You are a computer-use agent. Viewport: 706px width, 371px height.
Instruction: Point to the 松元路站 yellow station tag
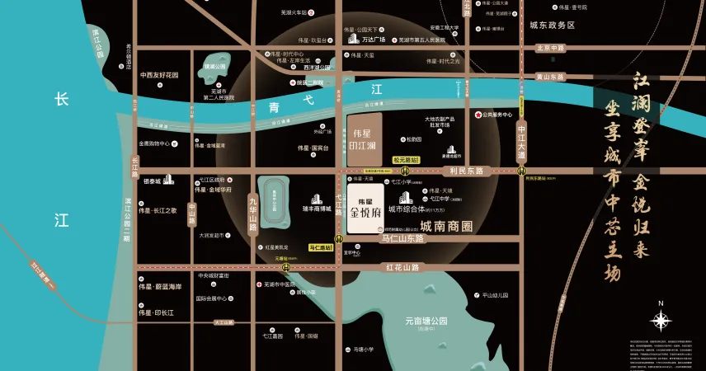(x=406, y=159)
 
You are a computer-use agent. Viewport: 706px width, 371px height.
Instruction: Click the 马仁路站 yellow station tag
(x=322, y=247)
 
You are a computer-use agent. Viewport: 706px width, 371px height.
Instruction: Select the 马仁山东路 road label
(x=402, y=238)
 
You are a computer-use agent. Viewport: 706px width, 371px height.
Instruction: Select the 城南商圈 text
(x=446, y=225)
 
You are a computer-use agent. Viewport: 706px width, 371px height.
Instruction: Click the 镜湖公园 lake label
(x=214, y=66)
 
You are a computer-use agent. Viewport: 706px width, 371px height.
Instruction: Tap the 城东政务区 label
(x=552, y=26)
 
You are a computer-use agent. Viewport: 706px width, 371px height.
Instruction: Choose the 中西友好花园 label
(x=159, y=75)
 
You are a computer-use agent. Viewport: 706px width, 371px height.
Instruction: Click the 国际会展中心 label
(x=211, y=298)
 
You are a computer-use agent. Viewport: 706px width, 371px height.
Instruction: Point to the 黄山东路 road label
(x=550, y=77)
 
